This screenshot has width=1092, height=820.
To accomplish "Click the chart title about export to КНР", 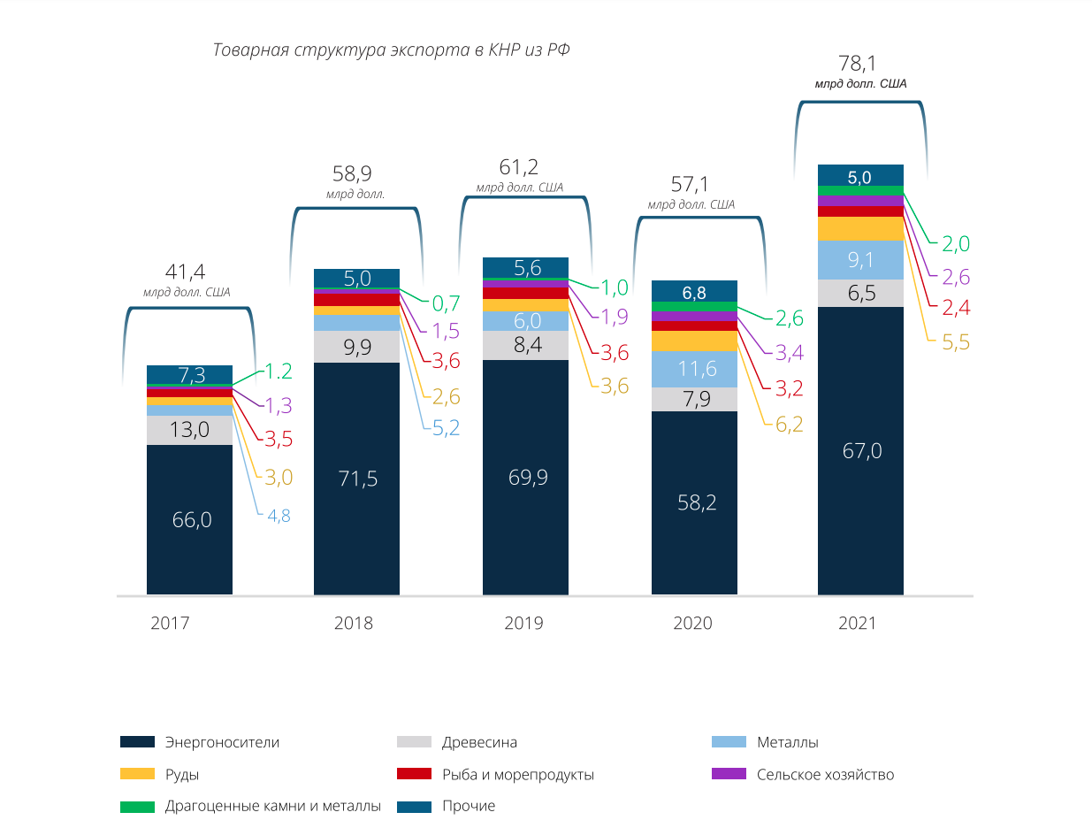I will [x=391, y=50].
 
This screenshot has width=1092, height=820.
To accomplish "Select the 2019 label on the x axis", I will [x=523, y=623].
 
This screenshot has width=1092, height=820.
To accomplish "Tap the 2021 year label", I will [x=857, y=623].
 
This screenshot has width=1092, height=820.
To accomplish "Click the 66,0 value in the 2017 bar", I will [x=192, y=520].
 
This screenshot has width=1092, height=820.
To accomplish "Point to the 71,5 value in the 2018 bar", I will [x=357, y=479].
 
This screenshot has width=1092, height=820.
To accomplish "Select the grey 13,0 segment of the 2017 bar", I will [x=189, y=430].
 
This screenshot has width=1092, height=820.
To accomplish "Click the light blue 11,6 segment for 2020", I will [x=694, y=369].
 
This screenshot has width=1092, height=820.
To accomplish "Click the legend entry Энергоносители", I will [x=222, y=742].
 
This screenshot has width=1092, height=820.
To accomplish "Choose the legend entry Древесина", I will [x=479, y=742].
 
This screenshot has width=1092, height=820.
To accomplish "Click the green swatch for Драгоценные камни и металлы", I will [x=138, y=806].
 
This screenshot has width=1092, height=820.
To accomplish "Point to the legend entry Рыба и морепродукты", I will [x=517, y=774].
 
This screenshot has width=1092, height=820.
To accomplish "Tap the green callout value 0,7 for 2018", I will [x=446, y=303].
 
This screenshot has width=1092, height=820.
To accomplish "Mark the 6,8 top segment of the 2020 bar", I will [x=694, y=291].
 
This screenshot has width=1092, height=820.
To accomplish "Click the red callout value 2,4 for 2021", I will [x=955, y=309].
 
